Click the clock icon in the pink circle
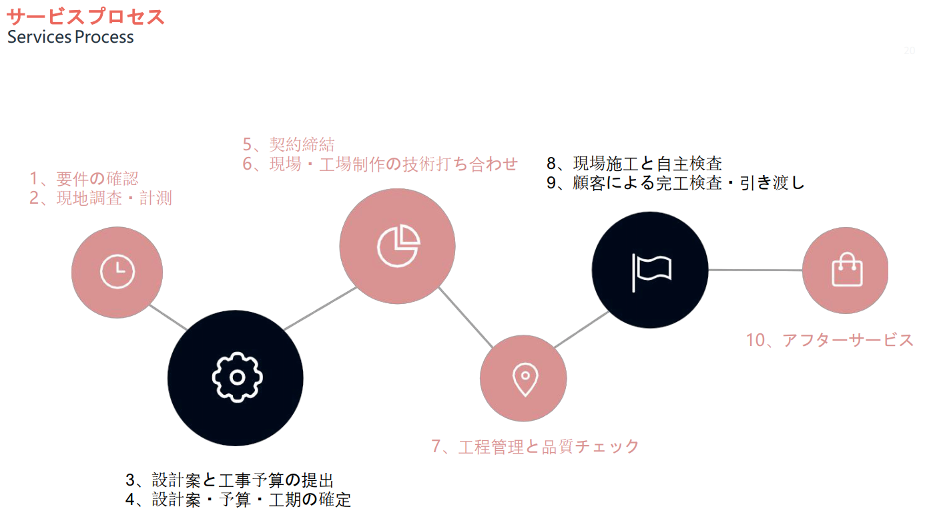point(117,272)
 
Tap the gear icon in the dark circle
point(236,377)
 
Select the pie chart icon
point(398,246)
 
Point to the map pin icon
point(524,379)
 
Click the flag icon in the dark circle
point(650,270)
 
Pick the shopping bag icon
point(846,270)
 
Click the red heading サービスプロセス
point(85,17)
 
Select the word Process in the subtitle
point(104,37)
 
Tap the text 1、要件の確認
point(84,178)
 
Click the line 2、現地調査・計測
point(101,198)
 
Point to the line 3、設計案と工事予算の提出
point(230,480)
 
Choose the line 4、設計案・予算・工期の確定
point(238,500)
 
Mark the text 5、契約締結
point(288,144)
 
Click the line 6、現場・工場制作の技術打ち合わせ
point(380,164)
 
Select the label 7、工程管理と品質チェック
point(535,446)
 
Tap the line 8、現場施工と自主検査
point(634,164)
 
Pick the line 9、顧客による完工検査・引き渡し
point(675,183)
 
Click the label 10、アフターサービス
point(830,340)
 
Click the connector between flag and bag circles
point(755,270)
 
